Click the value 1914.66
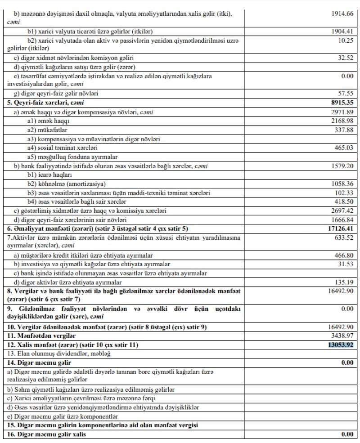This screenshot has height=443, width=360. point(342,13)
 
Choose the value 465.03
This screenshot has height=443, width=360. point(343,148)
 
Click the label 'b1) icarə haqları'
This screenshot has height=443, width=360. point(50,175)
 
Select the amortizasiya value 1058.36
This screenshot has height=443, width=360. point(342,183)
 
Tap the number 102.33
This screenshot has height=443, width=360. point(343,192)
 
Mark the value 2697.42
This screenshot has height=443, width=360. point(342,210)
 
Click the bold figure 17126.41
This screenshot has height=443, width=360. point(340,228)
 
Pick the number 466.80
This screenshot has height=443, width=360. point(343,255)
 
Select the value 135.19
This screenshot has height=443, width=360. point(343,282)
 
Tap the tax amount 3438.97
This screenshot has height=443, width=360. point(342,336)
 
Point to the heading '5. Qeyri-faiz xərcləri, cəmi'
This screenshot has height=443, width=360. point(42,103)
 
